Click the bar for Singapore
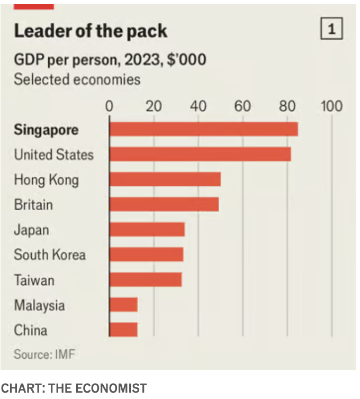tap(203, 129)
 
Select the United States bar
tap(200, 154)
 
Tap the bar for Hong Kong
tap(165, 179)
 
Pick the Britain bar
tap(164, 204)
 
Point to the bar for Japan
tap(147, 230)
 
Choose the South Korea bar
tap(146, 255)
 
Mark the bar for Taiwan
tap(145, 279)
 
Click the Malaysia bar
tap(123, 305)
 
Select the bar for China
tap(123, 330)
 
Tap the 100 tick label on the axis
tap(332, 106)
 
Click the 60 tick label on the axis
tap(243, 106)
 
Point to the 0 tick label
tap(109, 106)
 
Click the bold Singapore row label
tap(46, 130)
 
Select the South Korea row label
tap(49, 255)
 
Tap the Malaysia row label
tap(40, 305)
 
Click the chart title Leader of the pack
tap(91, 31)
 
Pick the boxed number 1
tap(331, 29)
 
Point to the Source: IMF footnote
tap(44, 354)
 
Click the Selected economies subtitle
tap(77, 79)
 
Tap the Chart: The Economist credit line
tap(74, 388)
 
